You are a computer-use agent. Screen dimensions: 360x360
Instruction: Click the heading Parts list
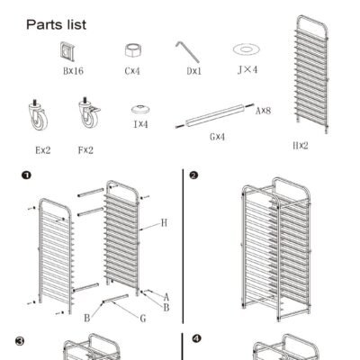pos(56,24)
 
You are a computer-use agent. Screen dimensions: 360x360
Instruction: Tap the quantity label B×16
pos(73,71)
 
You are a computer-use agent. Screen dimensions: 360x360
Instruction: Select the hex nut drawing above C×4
pos(133,50)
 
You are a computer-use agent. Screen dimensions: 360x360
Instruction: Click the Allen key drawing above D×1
pos(187,51)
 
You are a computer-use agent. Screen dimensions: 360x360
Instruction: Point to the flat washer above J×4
pos(247,49)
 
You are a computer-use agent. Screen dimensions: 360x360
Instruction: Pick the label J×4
pos(247,70)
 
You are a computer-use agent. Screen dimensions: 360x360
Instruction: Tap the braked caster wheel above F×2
pos(89,112)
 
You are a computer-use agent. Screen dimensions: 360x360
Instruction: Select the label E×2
pos(43,150)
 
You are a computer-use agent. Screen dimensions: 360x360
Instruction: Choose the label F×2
pos(85,150)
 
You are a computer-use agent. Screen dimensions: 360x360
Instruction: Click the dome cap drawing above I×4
pos(140,109)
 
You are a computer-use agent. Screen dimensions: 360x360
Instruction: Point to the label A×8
pos(263,111)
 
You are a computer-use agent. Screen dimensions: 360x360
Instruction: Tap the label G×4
pos(217,137)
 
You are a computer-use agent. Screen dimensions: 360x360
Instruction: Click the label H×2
pos(301,146)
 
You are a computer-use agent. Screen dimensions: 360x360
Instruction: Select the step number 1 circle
pos(26,175)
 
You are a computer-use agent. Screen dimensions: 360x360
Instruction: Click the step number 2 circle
pos(193,175)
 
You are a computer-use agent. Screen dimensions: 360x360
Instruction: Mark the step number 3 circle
pos(20,341)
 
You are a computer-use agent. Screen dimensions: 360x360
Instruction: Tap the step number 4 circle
pos(196,338)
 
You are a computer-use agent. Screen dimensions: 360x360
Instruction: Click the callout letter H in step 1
pos(164,223)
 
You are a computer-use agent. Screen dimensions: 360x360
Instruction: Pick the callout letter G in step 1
pos(143,319)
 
